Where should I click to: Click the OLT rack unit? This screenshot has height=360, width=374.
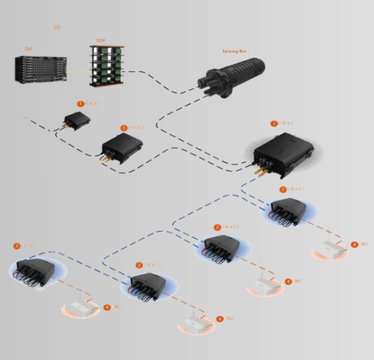40,69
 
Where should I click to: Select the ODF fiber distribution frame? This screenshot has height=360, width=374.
106,66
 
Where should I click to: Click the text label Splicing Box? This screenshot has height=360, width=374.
234,51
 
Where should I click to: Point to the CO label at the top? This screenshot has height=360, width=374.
57,27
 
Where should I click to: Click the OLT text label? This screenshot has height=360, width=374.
29,49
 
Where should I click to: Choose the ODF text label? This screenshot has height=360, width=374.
101,41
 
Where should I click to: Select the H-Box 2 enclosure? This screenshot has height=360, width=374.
122,147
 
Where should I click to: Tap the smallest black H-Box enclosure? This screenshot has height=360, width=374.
78,120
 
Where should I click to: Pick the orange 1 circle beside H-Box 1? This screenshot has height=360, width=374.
274,124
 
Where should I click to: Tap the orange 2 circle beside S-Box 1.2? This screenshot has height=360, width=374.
217,227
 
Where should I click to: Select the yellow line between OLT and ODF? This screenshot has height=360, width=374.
78,71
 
